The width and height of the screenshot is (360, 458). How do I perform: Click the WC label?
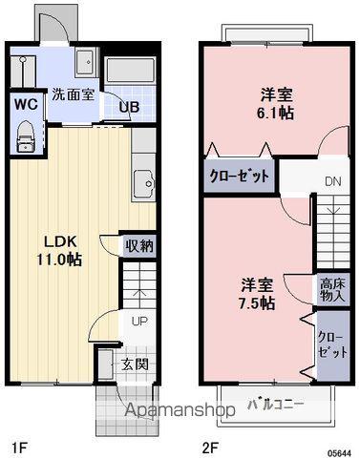coord(26,104)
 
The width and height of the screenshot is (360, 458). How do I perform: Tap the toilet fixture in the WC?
coord(25,136)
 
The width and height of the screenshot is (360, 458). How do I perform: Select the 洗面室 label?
coord(74,94)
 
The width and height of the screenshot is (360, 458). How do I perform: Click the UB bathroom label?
coord(129,107)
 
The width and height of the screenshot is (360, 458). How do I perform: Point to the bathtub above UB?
coord(130,71)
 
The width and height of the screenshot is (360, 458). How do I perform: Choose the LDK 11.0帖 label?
coord(59,251)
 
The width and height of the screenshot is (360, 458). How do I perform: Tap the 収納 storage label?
coord(139,246)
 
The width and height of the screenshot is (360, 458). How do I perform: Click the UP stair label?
coord(139,322)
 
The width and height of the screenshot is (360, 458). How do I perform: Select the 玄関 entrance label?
coord(135,364)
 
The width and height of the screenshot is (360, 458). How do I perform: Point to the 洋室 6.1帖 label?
coord(276,104)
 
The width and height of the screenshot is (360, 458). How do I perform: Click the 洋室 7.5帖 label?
coord(257,294)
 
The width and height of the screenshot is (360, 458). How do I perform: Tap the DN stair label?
coord(333,181)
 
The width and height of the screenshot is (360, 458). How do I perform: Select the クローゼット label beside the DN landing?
coord(239,176)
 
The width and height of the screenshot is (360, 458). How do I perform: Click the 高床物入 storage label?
coord(332,290)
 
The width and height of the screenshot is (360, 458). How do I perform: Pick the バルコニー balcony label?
coord(276,405)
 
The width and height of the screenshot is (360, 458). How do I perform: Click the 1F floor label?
coord(20,448)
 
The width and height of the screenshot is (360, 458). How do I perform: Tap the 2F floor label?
coord(210,448)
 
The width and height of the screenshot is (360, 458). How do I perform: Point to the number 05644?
coord(340,452)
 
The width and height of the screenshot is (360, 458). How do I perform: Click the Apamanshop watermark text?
coord(180,410)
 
